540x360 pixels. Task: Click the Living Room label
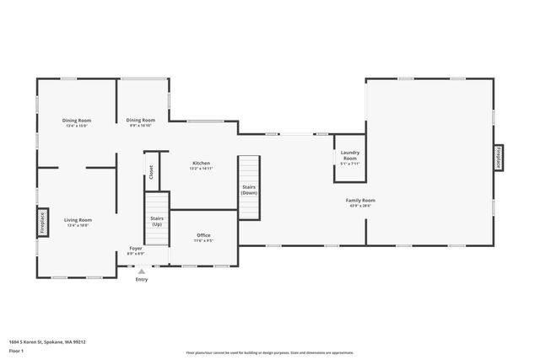78,221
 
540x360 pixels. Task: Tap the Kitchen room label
201,164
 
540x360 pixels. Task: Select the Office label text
203,235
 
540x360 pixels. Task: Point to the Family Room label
360,201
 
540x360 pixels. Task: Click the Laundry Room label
349,155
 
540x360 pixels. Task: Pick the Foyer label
135,249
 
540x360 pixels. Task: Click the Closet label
151,171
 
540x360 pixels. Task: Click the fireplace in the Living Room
41,223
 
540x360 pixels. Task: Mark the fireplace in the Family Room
498,158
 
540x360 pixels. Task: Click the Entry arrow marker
141,271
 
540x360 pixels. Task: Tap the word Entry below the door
141,280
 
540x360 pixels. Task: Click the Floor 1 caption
18,351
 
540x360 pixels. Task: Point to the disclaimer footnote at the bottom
269,352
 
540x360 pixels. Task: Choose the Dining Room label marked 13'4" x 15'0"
76,125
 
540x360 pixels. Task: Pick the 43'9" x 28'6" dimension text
360,206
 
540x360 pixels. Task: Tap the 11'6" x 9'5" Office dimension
203,240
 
